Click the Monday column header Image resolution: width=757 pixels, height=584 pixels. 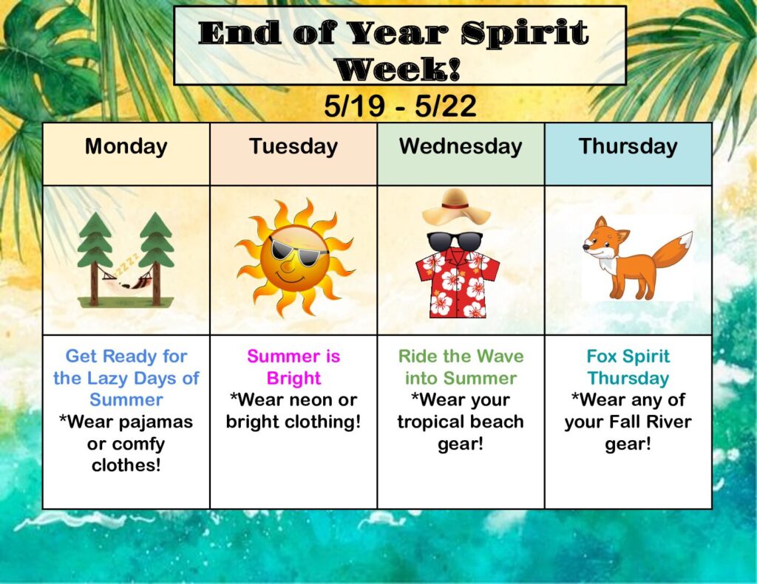coord(126,146)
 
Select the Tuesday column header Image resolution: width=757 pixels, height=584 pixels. coord(293,147)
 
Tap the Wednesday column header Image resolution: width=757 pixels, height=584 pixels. coord(461,147)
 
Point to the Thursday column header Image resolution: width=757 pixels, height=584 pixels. coord(628,147)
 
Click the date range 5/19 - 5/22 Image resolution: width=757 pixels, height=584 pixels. coord(400,106)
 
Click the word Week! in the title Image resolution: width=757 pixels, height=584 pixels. coord(398,69)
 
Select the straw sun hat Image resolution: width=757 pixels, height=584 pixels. coord(455,207)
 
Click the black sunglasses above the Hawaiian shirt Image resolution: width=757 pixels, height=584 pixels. coord(455,241)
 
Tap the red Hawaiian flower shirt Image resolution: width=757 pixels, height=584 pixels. coord(457,283)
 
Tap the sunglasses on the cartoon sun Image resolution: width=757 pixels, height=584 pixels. coord(297,252)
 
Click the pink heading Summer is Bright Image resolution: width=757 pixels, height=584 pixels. coord(293,367)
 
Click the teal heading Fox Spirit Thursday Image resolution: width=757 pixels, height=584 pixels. coord(628,367)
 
